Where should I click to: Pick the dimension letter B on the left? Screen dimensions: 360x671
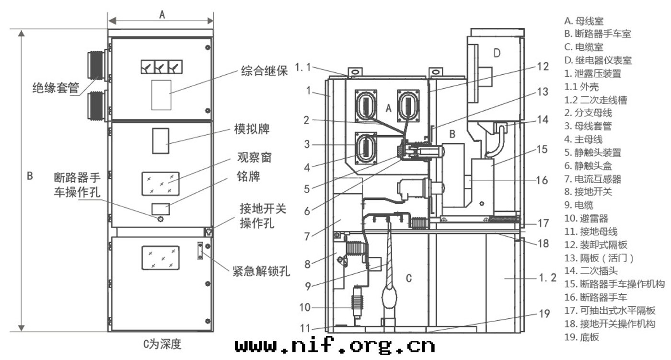[30, 176]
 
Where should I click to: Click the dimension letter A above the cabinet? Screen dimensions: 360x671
[162, 15]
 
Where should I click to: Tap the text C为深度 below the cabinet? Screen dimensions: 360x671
[163, 344]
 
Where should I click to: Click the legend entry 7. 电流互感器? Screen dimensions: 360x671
[592, 179]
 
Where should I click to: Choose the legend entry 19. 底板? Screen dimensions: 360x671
[582, 337]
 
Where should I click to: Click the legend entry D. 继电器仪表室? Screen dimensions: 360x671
[598, 60]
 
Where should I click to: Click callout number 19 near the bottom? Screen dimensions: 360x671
[544, 314]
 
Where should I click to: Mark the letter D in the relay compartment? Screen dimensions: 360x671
[497, 53]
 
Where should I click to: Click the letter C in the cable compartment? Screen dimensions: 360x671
[408, 278]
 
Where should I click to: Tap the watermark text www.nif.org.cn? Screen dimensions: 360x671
[335, 345]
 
